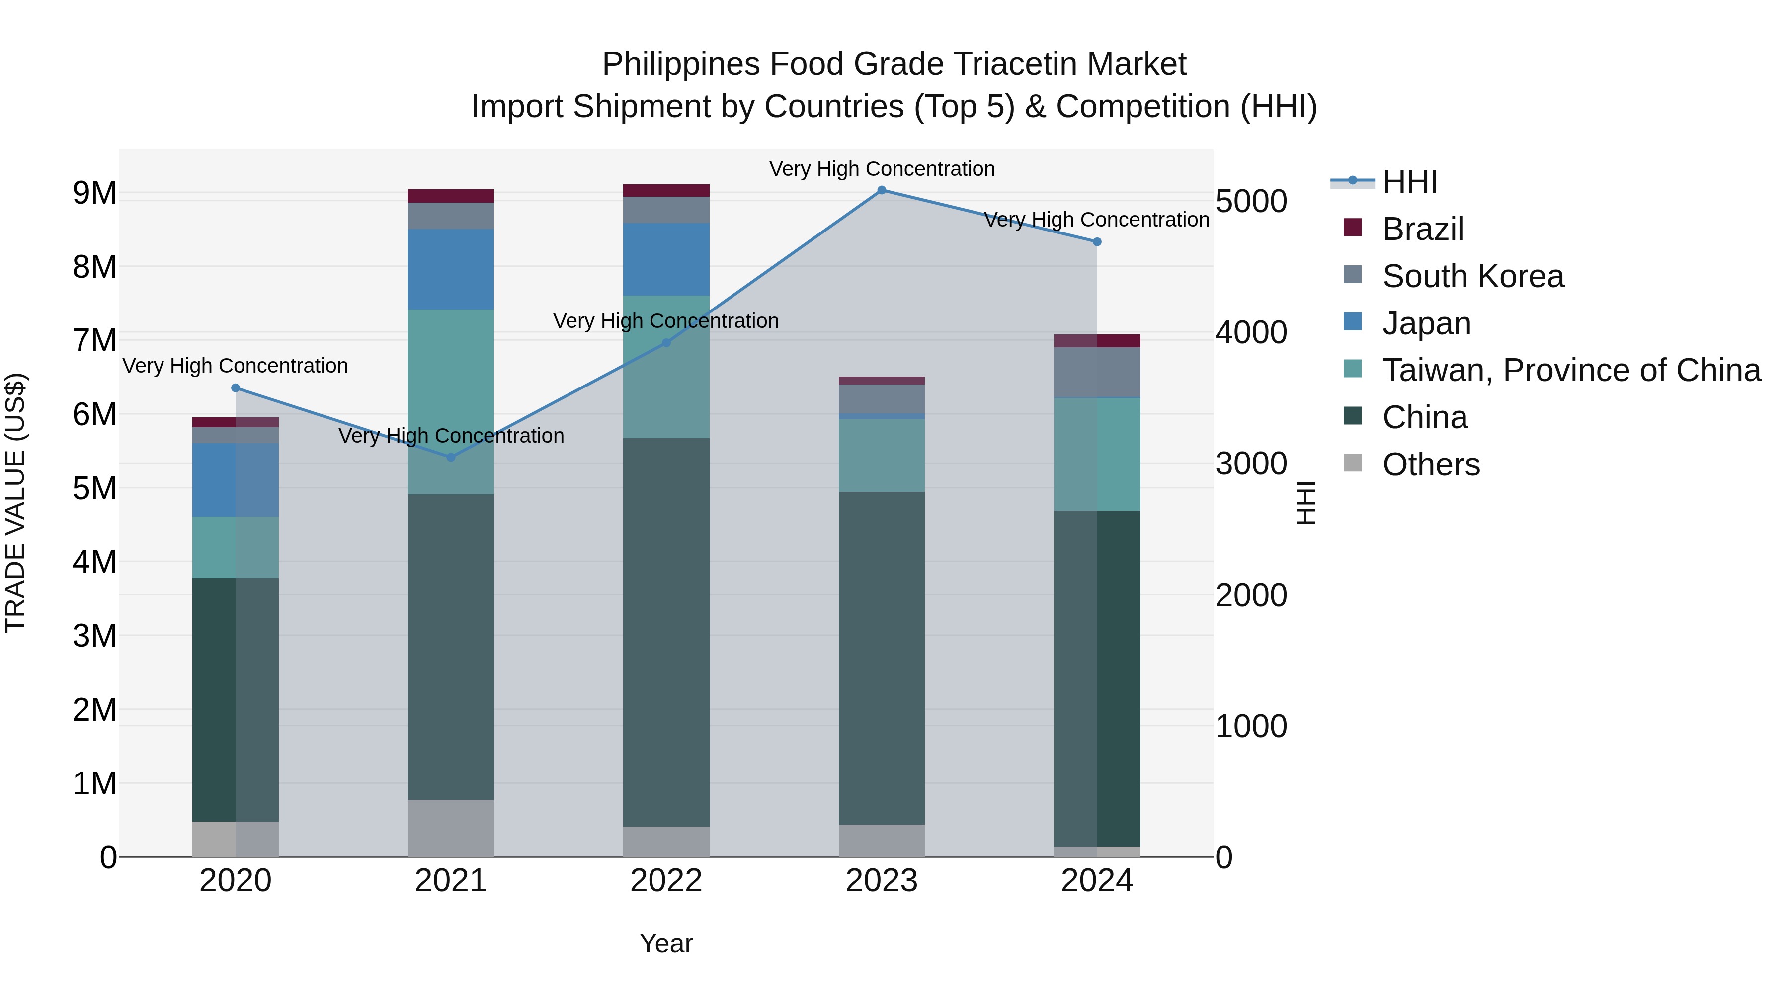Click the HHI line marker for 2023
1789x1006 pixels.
[881, 190]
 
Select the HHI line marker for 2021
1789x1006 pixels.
[451, 457]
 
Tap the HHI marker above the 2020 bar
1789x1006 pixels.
[236, 387]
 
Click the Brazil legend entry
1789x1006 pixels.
[1422, 229]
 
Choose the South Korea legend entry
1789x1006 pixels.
[1472, 276]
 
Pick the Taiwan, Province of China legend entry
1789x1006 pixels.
[1571, 370]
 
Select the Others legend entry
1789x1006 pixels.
[1431, 464]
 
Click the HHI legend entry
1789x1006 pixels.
[1409, 182]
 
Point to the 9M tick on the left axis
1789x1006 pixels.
[95, 193]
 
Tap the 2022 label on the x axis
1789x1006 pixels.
[666, 881]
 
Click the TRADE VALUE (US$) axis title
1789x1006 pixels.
[15, 503]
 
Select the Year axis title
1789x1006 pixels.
[666, 943]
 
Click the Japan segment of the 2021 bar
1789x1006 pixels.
[451, 269]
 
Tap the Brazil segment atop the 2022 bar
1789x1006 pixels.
[666, 190]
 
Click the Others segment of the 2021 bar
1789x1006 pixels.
[451, 828]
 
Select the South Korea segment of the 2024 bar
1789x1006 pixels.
[1097, 372]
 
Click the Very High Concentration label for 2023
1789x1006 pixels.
[881, 169]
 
